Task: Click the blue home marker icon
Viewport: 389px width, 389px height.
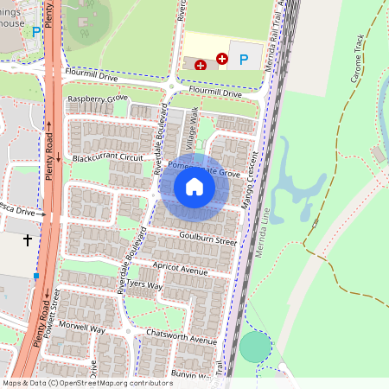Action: (194, 187)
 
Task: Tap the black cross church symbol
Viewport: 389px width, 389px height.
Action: (28, 239)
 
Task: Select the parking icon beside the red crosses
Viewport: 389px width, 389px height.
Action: (244, 60)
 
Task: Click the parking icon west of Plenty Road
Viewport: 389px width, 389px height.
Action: (35, 32)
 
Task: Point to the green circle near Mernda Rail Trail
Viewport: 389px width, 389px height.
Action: (254, 347)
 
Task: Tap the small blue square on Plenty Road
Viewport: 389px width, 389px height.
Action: (36, 276)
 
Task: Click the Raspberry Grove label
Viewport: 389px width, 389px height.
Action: (98, 99)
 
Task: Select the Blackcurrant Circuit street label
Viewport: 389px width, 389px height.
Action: (108, 158)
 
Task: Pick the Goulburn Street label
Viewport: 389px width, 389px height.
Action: (207, 239)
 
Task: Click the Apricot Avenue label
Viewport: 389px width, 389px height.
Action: (179, 271)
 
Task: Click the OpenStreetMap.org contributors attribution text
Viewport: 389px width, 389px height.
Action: (116, 382)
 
